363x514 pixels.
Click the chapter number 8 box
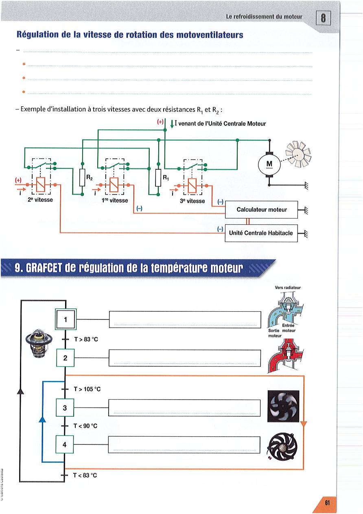pos(324,18)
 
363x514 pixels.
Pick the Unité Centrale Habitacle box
pos(261,233)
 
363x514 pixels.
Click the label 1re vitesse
pos(116,201)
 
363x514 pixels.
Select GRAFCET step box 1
pos(65,319)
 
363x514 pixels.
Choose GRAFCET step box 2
pos(65,358)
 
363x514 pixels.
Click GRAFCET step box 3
pos(65,407)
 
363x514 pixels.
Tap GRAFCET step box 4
pos(65,445)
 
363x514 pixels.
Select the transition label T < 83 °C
pos(85,475)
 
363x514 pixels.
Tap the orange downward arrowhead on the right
pos(304,426)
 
